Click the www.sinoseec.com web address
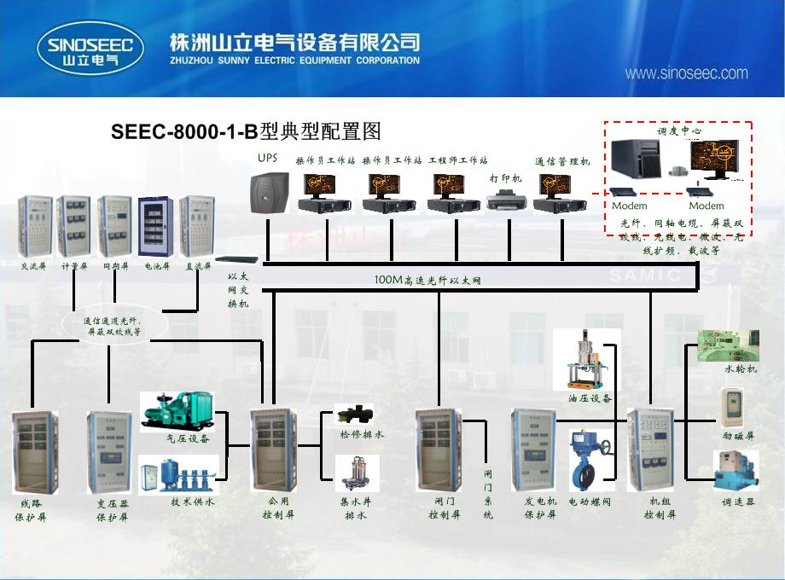click(686, 73)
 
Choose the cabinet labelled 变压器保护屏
click(109, 452)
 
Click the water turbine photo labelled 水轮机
click(727, 345)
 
